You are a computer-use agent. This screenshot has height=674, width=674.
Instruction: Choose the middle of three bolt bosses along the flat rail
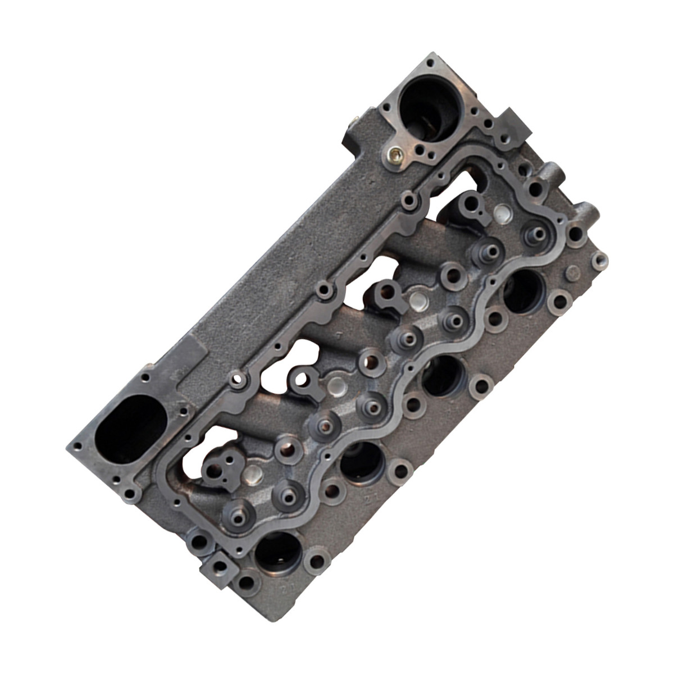[324, 292]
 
